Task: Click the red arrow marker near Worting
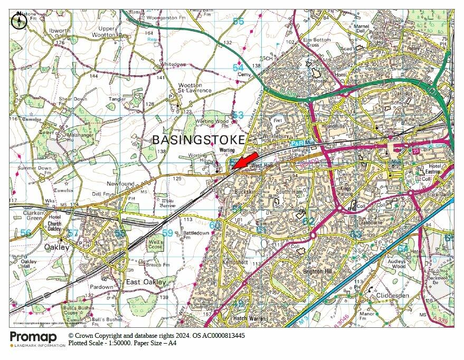(244, 161)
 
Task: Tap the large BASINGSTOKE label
(199, 140)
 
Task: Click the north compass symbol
(19, 21)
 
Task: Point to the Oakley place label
(56, 247)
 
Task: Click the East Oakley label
(146, 282)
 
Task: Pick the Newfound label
(120, 183)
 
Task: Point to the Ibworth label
(59, 31)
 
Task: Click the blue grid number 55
(239, 21)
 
